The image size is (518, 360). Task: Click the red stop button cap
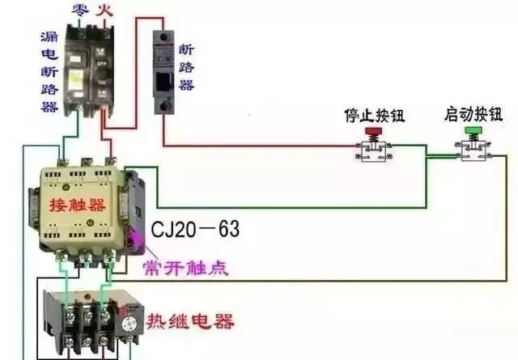click(373, 130)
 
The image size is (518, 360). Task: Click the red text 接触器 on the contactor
click(78, 201)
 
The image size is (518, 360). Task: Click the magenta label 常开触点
click(185, 268)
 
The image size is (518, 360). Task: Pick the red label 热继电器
click(190, 322)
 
